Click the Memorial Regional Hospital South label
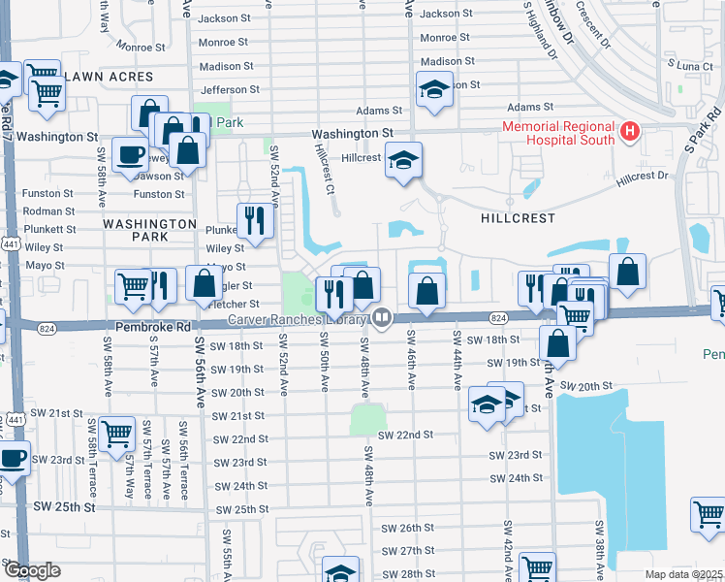[557, 133]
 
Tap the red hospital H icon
[630, 131]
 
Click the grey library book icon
[382, 317]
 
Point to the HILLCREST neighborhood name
[519, 219]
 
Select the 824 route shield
[497, 318]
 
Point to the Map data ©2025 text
[682, 574]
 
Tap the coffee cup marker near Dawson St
[130, 154]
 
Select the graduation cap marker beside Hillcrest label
[403, 159]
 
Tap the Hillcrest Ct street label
[324, 170]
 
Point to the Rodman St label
[48, 211]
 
